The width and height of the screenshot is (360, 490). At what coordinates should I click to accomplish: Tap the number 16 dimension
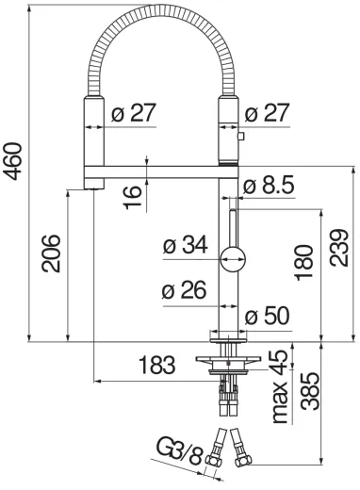point(134,195)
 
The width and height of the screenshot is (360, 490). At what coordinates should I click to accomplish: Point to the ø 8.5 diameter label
point(270,187)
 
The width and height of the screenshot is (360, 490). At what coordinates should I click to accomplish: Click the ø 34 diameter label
point(183,246)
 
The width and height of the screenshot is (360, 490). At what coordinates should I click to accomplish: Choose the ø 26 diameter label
point(183,291)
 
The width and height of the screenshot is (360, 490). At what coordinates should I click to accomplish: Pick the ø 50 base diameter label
point(270,317)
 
